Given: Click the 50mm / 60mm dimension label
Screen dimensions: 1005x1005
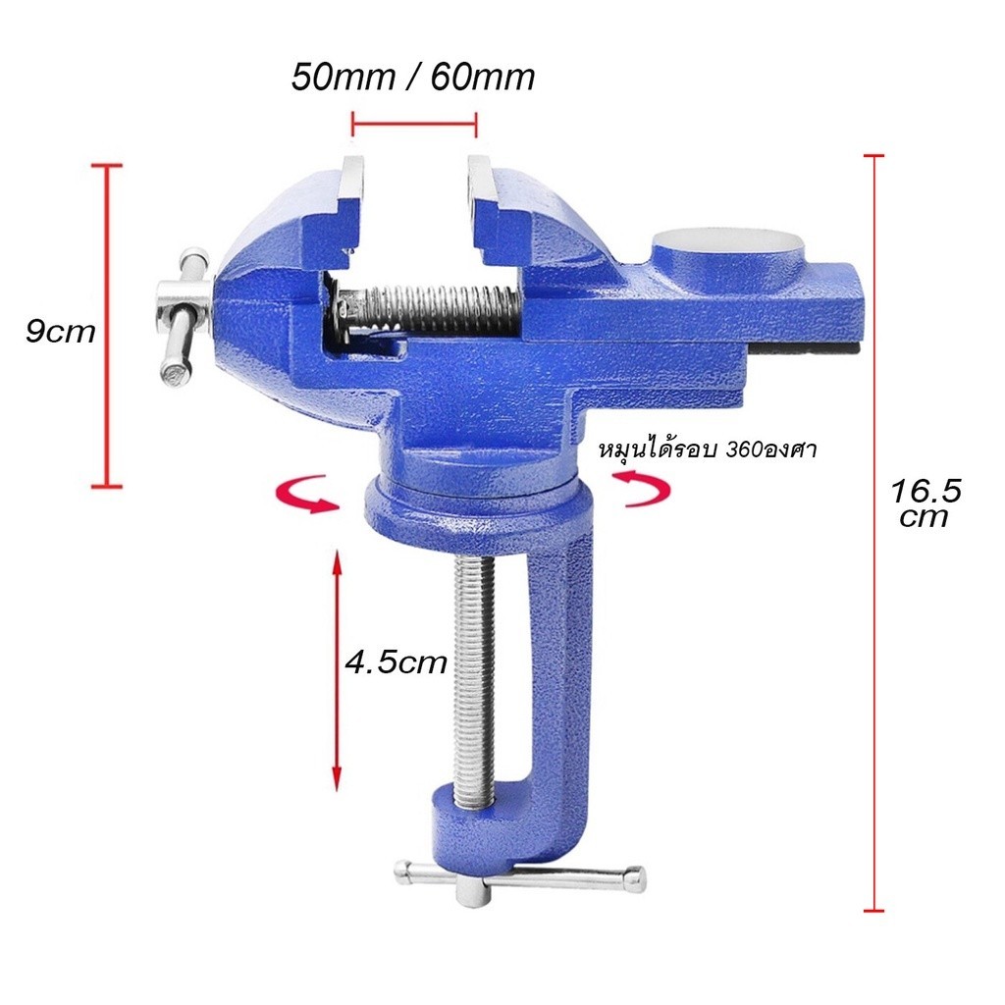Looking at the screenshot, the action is tap(413, 78).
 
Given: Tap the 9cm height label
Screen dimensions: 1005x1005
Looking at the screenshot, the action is tap(60, 332).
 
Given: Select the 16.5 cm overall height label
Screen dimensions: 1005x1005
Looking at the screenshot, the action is tap(926, 503).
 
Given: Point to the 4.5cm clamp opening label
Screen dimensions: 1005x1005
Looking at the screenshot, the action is tap(396, 661).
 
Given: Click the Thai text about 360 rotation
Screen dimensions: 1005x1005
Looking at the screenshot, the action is tap(708, 450).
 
